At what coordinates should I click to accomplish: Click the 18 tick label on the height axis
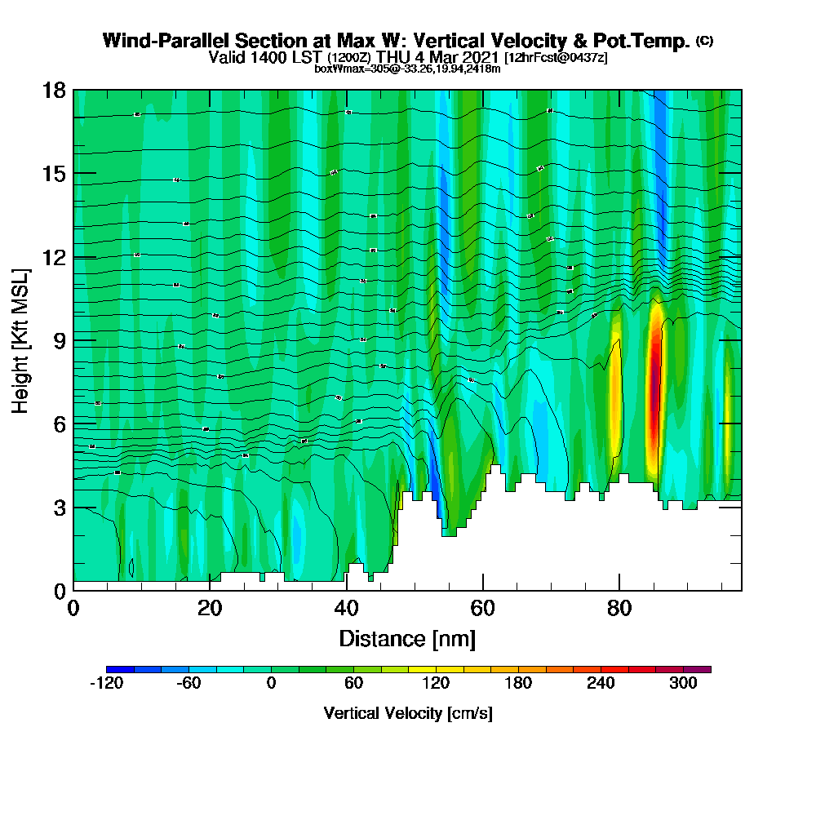pos(54,90)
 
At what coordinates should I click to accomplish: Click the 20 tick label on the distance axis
pos(210,609)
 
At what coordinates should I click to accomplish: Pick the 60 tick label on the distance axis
pos(483,609)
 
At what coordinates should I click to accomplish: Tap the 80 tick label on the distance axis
pos(620,609)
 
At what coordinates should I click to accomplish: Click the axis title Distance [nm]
pos(407,638)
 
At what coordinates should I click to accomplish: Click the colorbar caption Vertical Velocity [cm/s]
pos(408,713)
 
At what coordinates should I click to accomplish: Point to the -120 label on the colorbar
pos(106,685)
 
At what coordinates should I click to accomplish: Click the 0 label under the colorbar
pos(271,685)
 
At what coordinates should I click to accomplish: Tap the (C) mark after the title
pos(705,41)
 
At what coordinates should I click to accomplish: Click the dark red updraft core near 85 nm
pos(654,392)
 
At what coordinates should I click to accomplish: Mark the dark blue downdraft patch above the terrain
pos(437,498)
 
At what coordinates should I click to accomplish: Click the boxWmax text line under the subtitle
pos(407,69)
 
